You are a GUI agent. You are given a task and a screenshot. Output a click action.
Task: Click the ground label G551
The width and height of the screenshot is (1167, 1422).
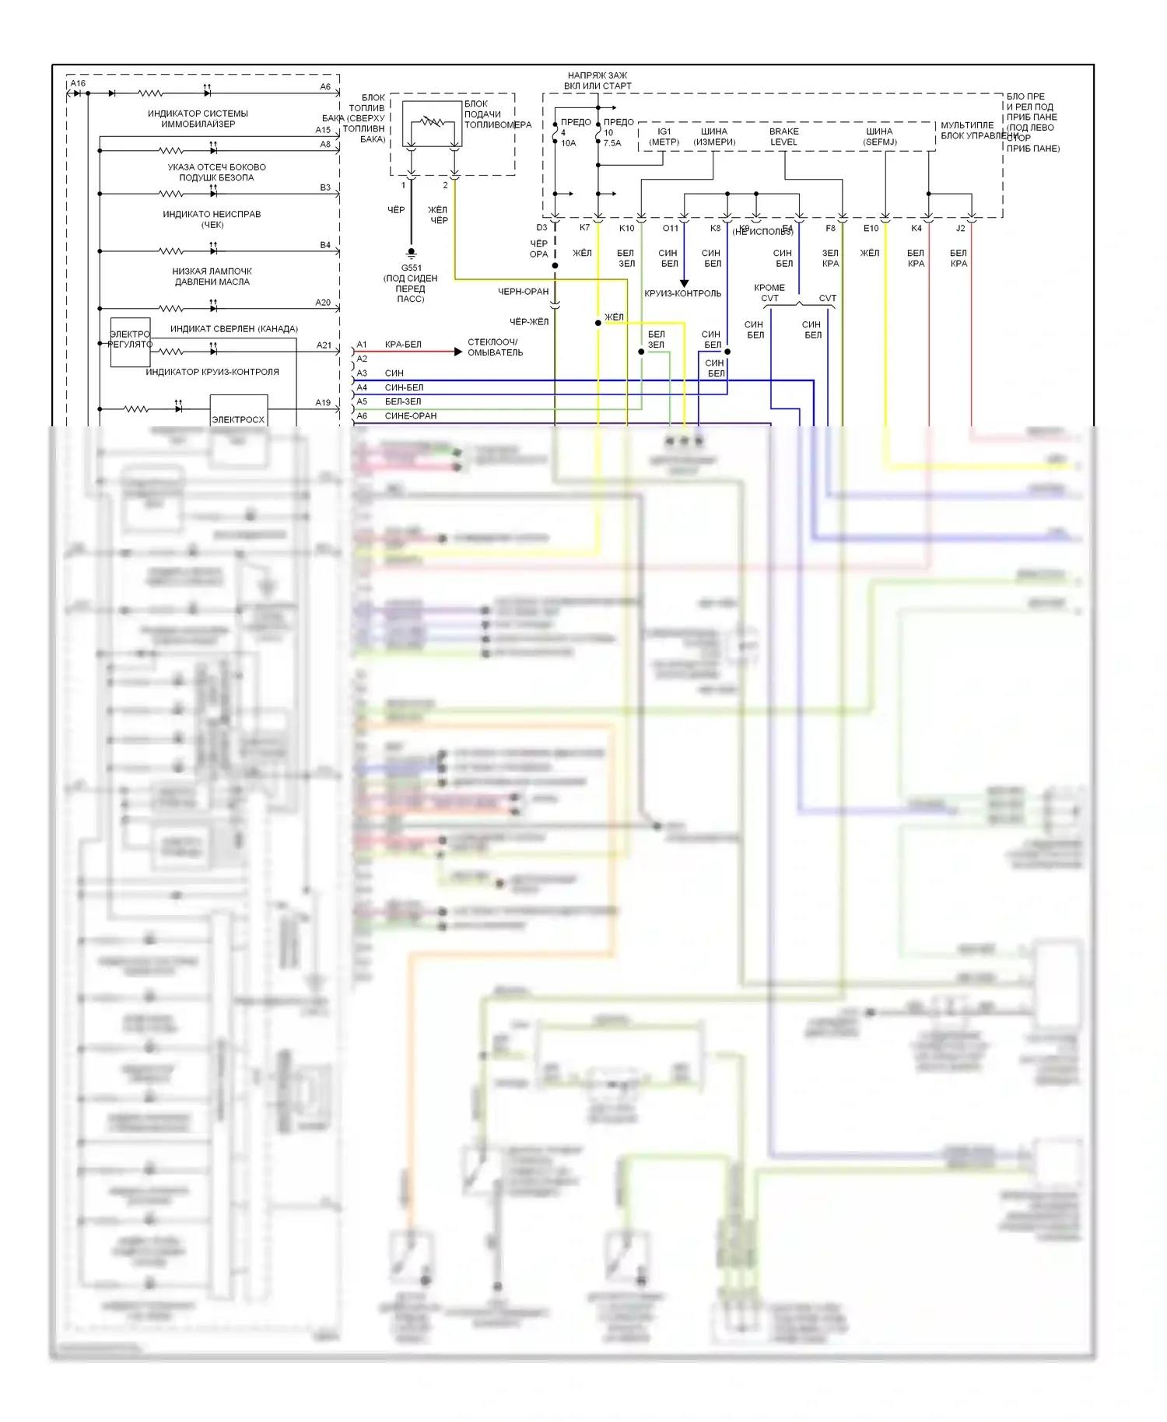(x=411, y=268)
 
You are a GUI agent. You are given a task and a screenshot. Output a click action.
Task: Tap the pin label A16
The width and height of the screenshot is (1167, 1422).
(x=78, y=83)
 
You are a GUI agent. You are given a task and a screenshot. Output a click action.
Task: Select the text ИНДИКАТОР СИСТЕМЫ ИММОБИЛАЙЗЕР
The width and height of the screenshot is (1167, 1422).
(x=198, y=118)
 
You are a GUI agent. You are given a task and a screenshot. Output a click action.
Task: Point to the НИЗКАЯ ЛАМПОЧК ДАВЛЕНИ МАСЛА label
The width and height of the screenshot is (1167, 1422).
(x=212, y=276)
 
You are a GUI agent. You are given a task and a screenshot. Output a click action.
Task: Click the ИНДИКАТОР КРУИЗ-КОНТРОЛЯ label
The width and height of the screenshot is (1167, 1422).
(x=212, y=372)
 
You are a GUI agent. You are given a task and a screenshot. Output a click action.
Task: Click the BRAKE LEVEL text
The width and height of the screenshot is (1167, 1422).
(x=783, y=137)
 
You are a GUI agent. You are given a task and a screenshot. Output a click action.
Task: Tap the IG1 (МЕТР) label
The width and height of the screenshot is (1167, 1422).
(x=664, y=137)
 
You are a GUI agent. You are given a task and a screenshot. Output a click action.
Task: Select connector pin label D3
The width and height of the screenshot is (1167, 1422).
(x=541, y=228)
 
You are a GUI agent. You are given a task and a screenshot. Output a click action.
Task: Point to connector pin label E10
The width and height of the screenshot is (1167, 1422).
(x=871, y=228)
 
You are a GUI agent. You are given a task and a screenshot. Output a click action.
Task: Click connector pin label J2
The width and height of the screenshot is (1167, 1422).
(x=960, y=228)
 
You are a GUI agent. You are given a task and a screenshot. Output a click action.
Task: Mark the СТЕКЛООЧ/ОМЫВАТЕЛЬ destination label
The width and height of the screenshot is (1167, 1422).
(x=495, y=347)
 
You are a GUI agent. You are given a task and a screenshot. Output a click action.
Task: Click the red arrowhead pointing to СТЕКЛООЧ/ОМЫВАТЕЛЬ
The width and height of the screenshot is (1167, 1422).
(x=458, y=352)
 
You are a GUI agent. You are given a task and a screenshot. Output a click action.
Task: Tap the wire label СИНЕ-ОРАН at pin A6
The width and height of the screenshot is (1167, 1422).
(x=410, y=416)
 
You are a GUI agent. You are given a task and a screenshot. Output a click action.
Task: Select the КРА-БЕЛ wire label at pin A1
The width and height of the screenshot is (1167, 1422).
(x=403, y=345)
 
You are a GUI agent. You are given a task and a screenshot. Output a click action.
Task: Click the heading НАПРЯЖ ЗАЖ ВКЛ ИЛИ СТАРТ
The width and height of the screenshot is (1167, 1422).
(x=598, y=81)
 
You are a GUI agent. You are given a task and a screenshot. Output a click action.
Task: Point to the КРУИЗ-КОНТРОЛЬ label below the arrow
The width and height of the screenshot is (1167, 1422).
(x=682, y=294)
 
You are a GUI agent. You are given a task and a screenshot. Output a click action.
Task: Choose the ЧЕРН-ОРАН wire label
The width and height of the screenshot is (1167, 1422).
(x=523, y=292)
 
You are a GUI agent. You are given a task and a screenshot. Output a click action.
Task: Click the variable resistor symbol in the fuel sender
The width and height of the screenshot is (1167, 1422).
(x=431, y=122)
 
